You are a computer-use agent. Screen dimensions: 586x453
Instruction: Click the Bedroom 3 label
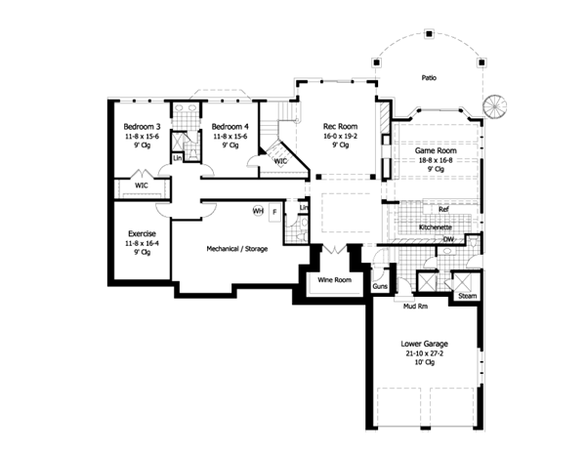point(142,127)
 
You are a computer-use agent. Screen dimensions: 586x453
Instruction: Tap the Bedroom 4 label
point(230,127)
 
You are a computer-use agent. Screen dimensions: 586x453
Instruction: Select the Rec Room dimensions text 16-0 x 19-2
point(340,137)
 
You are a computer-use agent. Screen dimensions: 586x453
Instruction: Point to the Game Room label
point(436,150)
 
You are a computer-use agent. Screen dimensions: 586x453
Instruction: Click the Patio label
point(429,78)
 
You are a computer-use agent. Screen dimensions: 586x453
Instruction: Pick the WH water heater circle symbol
point(258,211)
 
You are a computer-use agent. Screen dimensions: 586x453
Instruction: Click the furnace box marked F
point(274,213)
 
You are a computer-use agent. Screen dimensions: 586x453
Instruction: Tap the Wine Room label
point(334,280)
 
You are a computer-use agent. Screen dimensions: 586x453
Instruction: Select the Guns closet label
point(380,286)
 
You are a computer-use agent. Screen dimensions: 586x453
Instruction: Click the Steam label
point(468,296)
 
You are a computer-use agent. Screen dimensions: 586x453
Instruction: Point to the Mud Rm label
point(416,307)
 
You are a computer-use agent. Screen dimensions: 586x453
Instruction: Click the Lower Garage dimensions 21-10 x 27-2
point(424,353)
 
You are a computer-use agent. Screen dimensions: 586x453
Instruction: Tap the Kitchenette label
point(436,227)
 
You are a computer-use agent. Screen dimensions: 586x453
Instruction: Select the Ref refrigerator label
point(443,209)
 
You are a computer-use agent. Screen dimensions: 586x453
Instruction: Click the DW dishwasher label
point(448,239)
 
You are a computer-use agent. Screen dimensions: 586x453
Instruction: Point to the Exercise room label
point(142,233)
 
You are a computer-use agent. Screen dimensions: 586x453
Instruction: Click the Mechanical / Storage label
point(237,249)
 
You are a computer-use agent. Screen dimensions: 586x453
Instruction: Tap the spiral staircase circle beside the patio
point(494,106)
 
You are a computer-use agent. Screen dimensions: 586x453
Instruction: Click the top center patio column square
point(429,34)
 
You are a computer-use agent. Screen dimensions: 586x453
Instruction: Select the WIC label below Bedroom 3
point(142,185)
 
